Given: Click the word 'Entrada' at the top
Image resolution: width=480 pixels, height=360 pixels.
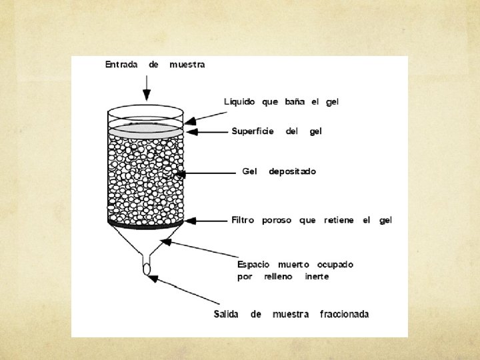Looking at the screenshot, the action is (x=121, y=65).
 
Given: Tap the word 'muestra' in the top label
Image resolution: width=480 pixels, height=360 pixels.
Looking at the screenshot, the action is (x=187, y=65).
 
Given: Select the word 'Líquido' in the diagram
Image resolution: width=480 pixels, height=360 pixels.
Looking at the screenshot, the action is (x=239, y=102).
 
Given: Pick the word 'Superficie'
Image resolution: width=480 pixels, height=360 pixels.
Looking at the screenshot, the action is (x=253, y=131).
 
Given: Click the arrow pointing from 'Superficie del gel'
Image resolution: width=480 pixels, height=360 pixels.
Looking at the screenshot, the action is (x=207, y=131).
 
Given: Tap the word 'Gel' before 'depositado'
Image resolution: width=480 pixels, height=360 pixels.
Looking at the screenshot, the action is (x=250, y=171).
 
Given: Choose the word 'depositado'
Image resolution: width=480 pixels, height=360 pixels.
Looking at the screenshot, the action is (x=292, y=171).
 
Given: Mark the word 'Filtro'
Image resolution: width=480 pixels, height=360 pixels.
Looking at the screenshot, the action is (x=243, y=220).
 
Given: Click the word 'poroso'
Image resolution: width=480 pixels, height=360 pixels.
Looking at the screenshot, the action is (x=277, y=220).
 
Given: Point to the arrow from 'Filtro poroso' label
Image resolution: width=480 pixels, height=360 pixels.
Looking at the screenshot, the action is (x=207, y=220).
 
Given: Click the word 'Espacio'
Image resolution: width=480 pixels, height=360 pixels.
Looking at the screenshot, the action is (x=254, y=265).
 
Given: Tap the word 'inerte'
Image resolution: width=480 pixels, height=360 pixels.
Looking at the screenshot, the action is (x=317, y=277).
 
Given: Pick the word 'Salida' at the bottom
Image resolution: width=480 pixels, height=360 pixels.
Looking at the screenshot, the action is (x=227, y=314).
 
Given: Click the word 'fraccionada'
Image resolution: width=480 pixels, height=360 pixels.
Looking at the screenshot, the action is (x=344, y=314).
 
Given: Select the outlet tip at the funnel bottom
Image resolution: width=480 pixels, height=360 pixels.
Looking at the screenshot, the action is (x=146, y=269).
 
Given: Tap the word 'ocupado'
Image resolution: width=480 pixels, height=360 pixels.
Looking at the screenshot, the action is (x=335, y=265).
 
